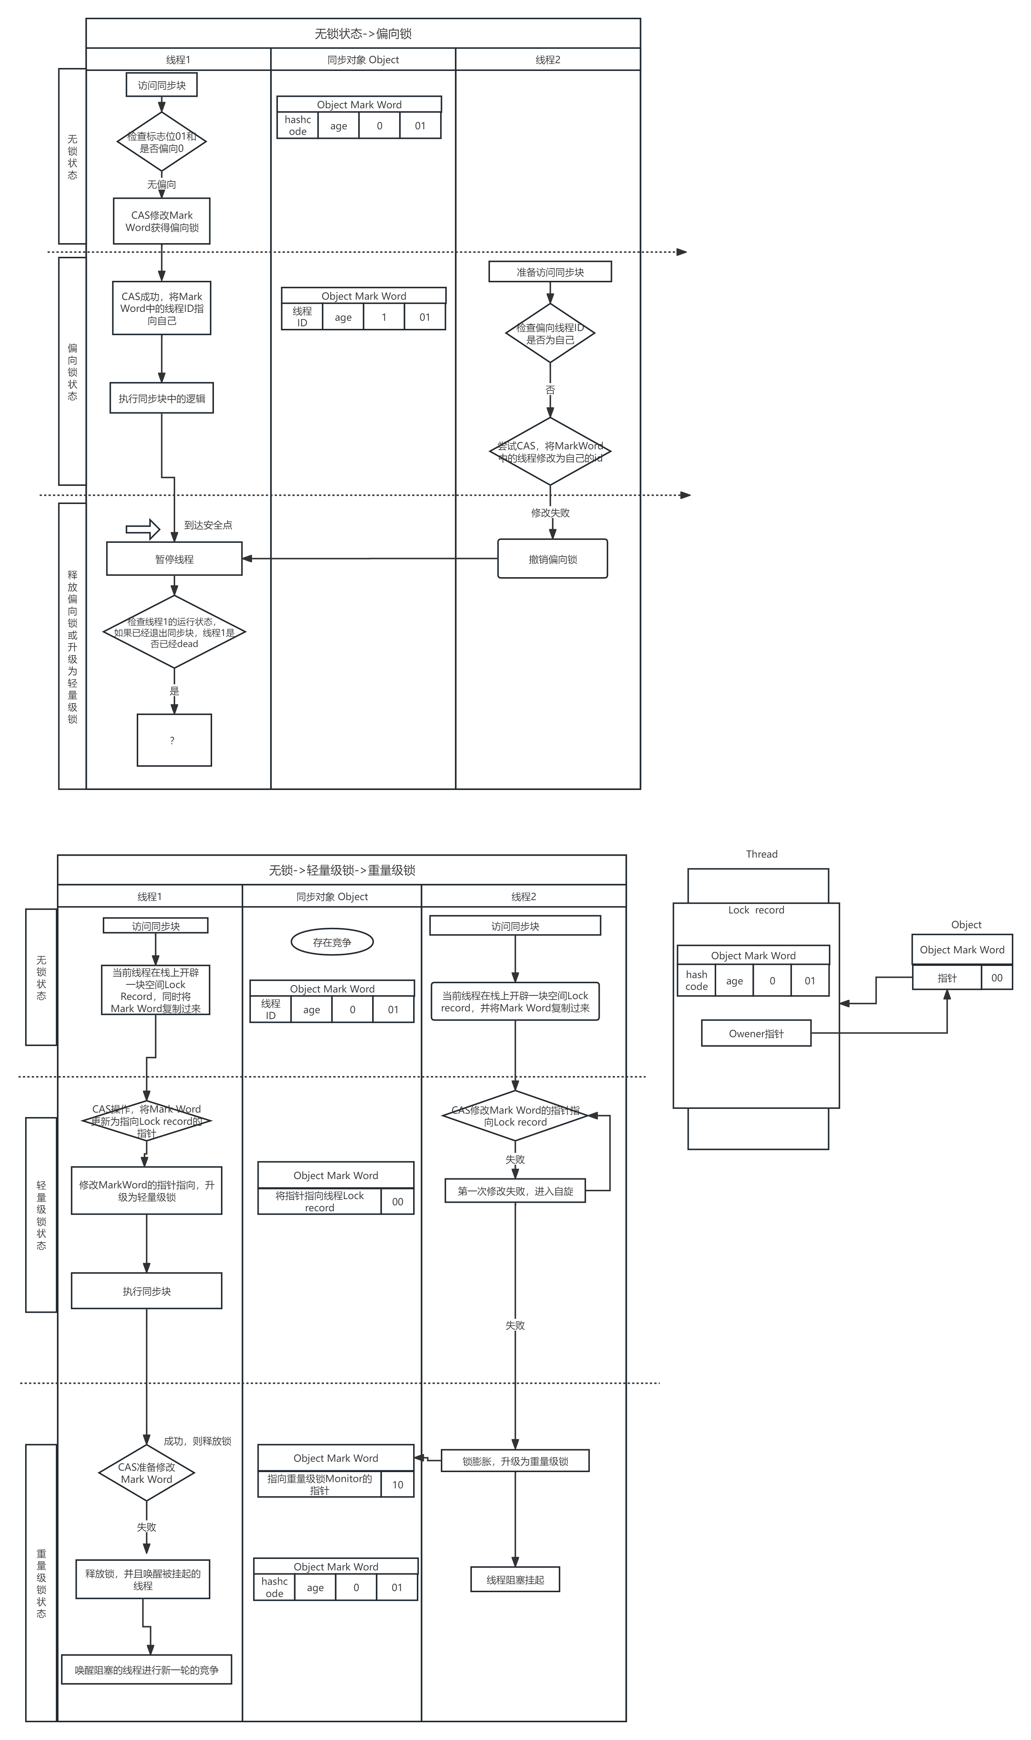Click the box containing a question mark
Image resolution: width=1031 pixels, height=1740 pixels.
pos(174,740)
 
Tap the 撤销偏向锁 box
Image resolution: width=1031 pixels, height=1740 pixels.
pos(552,559)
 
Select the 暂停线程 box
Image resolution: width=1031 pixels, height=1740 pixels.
pos(174,559)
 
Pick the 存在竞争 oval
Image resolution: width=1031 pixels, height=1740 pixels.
pos(332,943)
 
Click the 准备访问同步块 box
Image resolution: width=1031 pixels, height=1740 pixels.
pos(549,272)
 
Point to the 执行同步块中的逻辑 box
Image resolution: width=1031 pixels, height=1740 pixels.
pos(161,399)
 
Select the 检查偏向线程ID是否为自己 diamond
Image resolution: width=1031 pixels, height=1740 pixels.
pos(549,333)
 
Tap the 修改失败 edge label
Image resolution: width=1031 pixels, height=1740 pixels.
pos(550,513)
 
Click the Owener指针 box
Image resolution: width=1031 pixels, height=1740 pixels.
pos(756,1034)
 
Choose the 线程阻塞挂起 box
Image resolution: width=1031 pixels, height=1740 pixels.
pos(515,1580)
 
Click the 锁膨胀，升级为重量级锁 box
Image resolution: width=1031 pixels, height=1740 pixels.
pos(515,1461)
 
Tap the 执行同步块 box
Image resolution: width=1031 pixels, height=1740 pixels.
pos(147,1291)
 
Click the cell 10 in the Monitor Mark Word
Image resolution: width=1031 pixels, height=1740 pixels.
pos(397,1484)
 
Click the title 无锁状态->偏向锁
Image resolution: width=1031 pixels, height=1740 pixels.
pos(363,33)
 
